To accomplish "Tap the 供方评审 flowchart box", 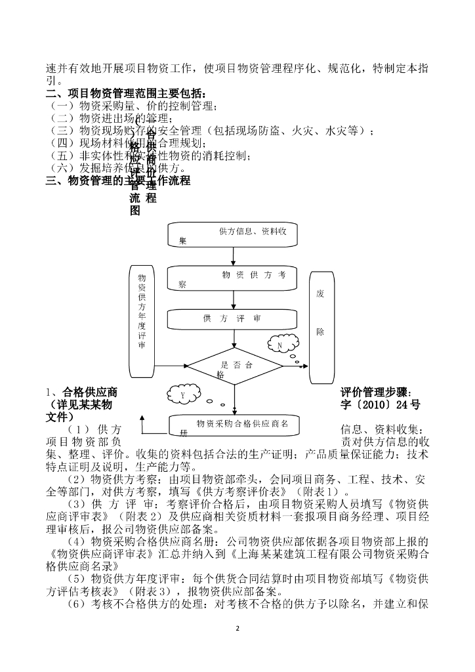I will point(233,319).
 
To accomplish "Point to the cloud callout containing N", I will point(280,345).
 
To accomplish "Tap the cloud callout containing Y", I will point(183,396).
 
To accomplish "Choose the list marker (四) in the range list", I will point(62,143).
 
